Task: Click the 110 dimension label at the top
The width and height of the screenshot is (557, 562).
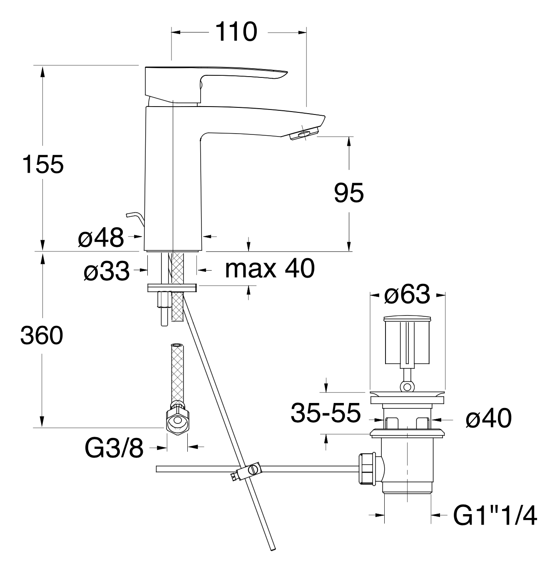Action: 236,32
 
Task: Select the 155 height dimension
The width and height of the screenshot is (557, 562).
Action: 43,164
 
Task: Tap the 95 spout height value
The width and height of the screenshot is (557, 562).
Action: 349,193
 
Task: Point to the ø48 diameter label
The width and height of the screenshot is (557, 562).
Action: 101,237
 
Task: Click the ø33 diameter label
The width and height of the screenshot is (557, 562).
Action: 107,271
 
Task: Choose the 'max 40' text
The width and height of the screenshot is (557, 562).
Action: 270,269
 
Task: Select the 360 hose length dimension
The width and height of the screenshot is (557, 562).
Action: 42,336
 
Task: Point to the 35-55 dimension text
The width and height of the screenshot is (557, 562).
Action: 326,413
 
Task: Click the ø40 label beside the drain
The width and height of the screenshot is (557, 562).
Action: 489,418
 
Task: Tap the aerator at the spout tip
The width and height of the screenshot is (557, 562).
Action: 304,135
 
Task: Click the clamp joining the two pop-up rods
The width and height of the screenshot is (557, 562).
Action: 248,471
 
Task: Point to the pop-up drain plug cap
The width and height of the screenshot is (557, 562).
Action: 407,319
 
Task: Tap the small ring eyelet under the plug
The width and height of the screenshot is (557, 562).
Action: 407,387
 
